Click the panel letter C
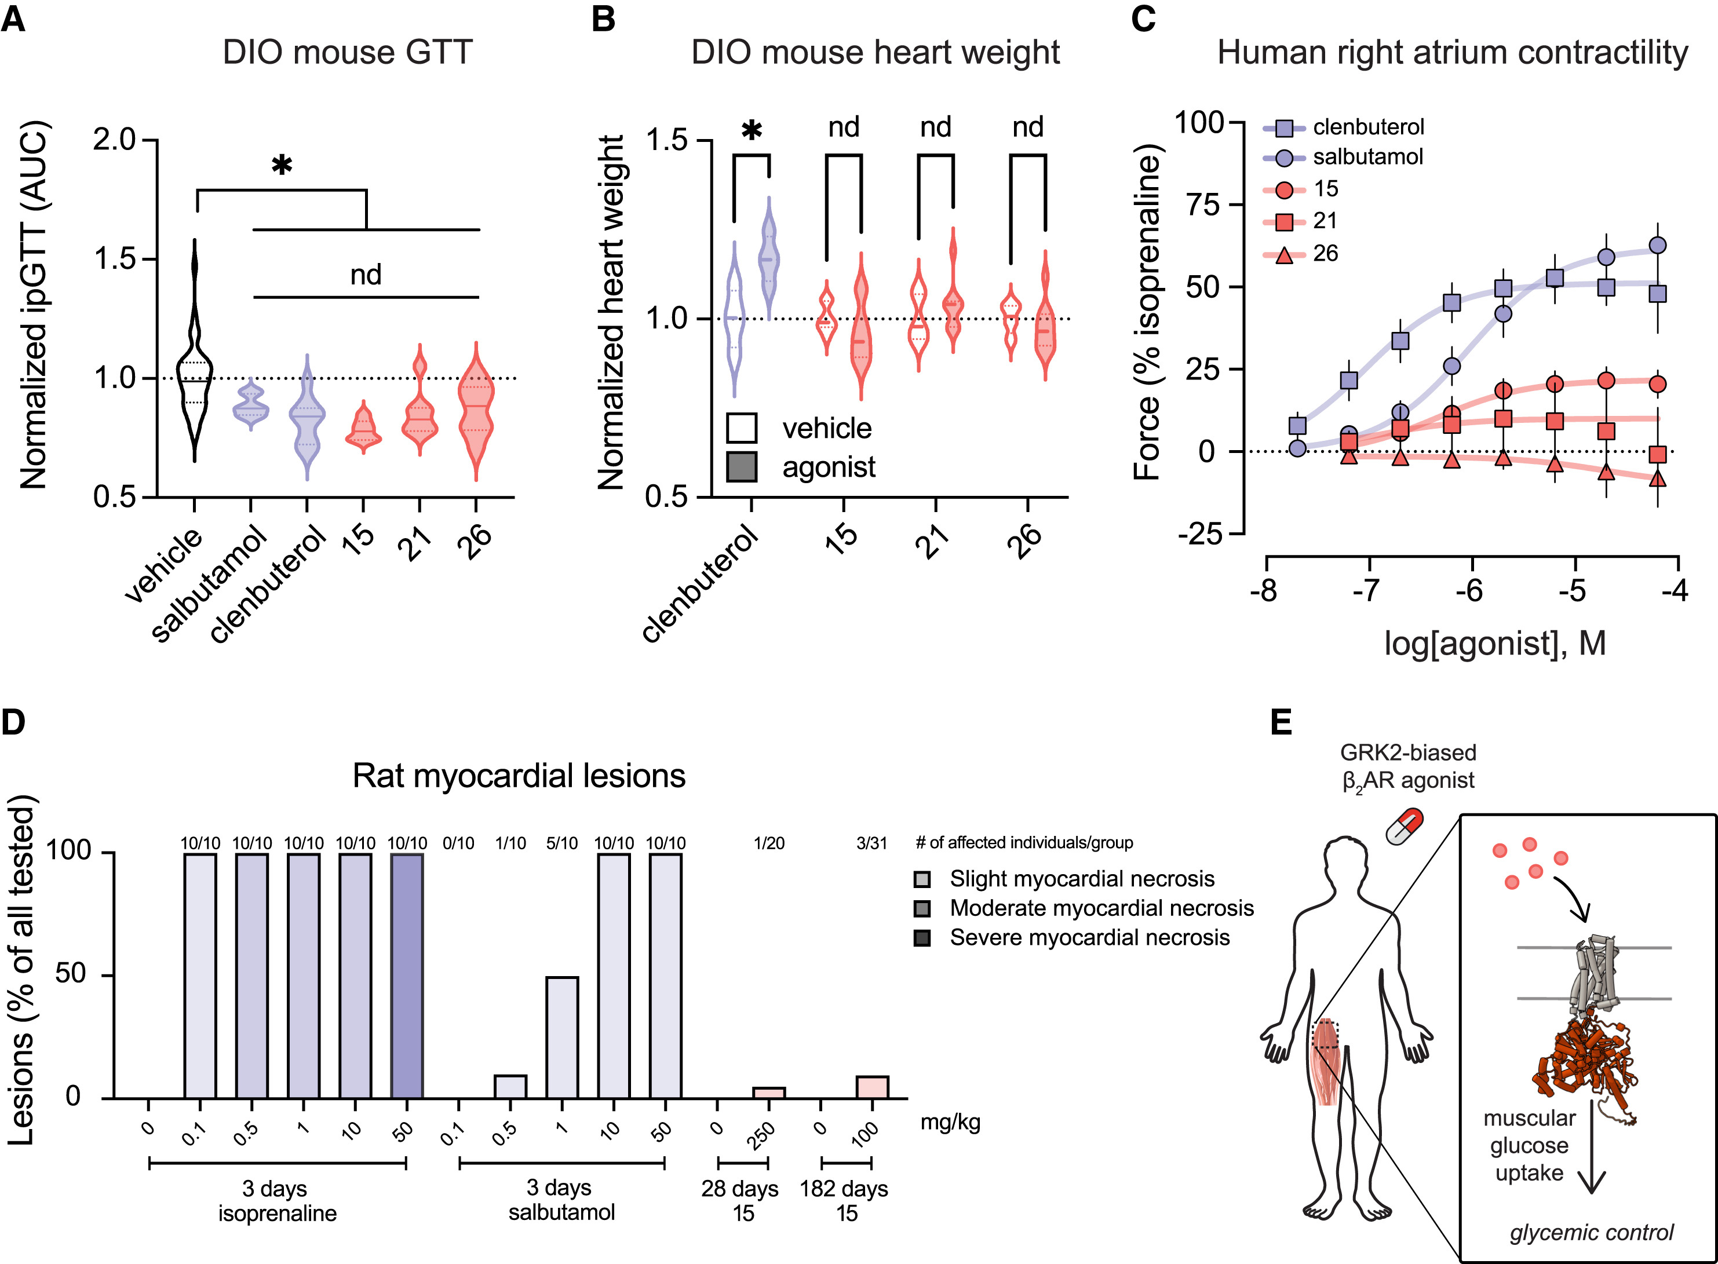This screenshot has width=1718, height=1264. tap(1143, 19)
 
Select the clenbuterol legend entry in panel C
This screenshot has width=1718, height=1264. tap(1367, 127)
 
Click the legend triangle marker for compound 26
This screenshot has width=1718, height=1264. tap(1285, 255)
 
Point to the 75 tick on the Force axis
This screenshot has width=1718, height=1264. tap(1205, 205)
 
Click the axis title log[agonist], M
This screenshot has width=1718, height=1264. tap(1494, 644)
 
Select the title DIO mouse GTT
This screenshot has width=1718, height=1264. tap(348, 53)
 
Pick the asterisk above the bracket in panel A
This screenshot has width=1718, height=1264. tap(282, 165)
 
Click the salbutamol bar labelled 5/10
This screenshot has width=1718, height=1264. tap(561, 1037)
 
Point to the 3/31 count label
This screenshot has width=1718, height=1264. tap(871, 843)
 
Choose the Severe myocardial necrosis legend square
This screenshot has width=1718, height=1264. tap(922, 938)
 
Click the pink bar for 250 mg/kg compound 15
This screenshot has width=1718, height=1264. tap(768, 1093)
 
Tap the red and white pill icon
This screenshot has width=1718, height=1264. tap(1405, 828)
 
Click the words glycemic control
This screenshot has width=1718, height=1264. tap(1591, 1233)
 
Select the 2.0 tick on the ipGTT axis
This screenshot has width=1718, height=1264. tap(114, 140)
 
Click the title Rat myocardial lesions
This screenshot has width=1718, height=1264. tap(518, 776)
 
